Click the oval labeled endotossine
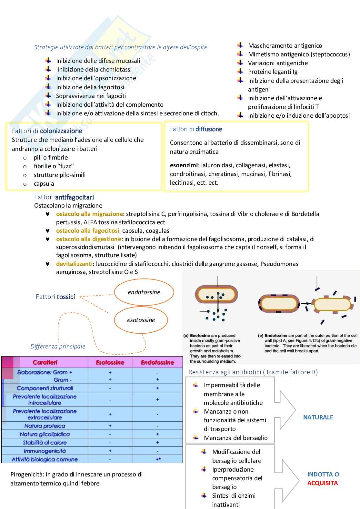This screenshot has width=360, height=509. (x=144, y=292)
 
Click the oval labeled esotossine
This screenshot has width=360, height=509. (x=141, y=320)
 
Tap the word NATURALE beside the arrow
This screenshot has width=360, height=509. (x=318, y=417)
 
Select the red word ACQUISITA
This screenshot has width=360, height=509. (x=322, y=483)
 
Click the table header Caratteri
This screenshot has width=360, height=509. (x=45, y=362)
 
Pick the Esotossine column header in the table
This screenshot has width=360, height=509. (x=110, y=362)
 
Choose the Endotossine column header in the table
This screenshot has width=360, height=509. (x=157, y=362)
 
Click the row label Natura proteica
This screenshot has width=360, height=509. (x=45, y=426)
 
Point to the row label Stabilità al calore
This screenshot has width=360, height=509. (x=45, y=443)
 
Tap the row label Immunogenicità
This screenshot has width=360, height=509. (x=45, y=451)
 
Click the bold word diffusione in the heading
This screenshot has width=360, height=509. (x=209, y=129)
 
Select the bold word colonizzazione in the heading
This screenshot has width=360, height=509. (x=61, y=131)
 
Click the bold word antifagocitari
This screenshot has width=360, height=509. (x=75, y=197)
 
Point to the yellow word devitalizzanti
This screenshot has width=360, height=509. (x=74, y=264)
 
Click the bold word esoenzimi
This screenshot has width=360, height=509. (x=184, y=165)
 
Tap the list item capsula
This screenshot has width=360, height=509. (x=44, y=184)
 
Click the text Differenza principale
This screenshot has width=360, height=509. (x=58, y=347)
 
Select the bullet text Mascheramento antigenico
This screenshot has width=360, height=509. (x=285, y=46)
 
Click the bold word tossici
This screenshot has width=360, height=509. (x=66, y=297)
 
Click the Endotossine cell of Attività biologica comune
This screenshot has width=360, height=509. (x=158, y=459)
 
